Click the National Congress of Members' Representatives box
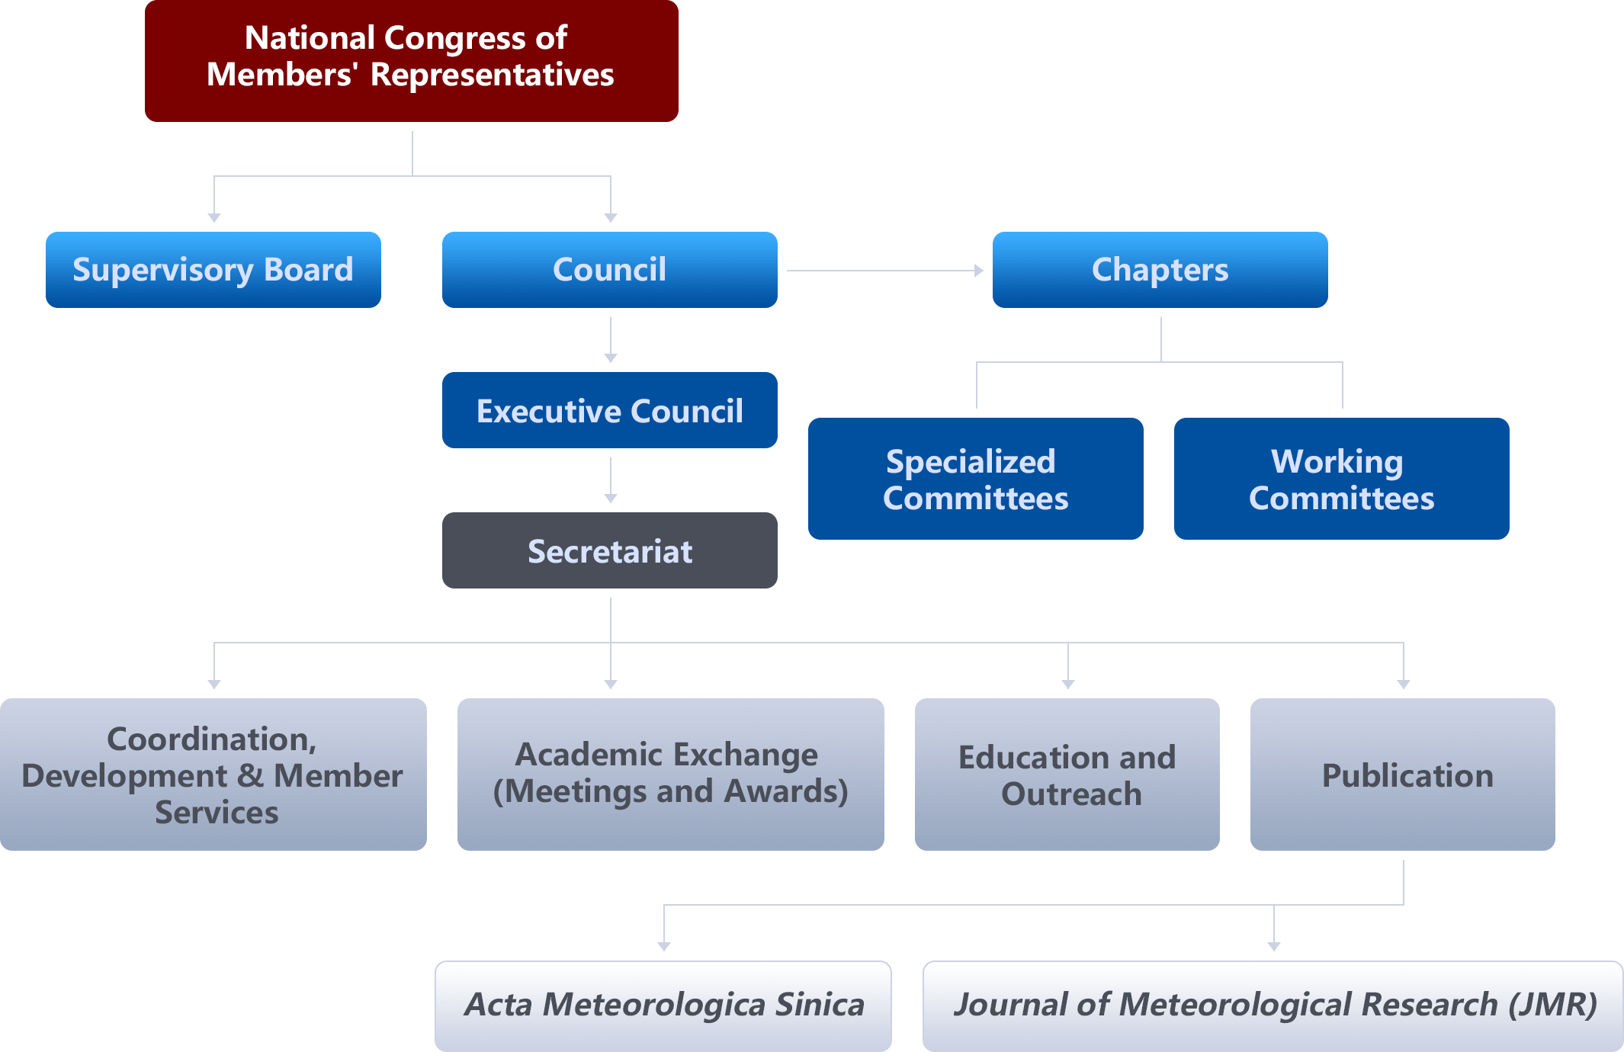pos(411,61)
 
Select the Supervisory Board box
pos(213,270)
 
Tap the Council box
pos(609,270)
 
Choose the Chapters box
pos(1160,270)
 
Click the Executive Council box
pos(609,410)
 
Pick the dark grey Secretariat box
pos(609,550)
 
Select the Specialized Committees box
pos(975,479)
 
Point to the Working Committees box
pos(1341,479)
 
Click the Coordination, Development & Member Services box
pos(213,775)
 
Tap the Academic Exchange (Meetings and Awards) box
pos(670,775)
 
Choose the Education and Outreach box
pos(1067,775)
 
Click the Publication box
pos(1402,775)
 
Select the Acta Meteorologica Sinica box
pos(663,1005)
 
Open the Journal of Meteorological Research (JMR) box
pos(1273,1005)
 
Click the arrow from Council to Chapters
pos(884,270)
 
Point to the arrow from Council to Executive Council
pos(611,340)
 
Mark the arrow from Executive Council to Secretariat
pos(611,480)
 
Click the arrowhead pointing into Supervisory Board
pos(214,217)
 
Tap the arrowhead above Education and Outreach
pos(1068,684)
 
